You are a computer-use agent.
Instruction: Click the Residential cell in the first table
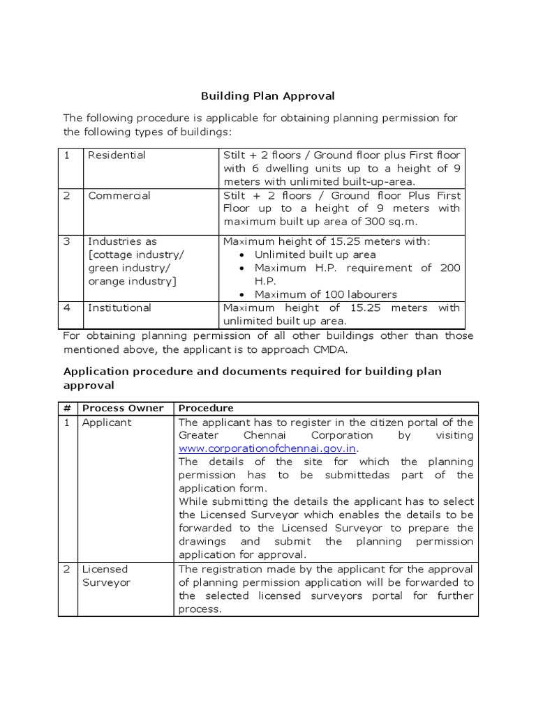tap(117, 155)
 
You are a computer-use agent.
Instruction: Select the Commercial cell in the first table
tap(119, 195)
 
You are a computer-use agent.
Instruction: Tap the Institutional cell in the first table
tap(119, 307)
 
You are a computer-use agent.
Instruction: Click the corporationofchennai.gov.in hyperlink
tap(271, 448)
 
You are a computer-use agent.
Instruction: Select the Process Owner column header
tap(123, 408)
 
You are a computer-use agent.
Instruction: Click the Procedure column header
tap(206, 408)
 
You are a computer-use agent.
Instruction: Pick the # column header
tap(68, 408)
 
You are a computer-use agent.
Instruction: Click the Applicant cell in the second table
tap(106, 423)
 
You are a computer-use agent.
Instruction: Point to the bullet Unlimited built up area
tap(315, 255)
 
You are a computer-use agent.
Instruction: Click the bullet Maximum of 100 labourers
tap(325, 294)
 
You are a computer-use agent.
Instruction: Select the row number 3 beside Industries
tap(68, 241)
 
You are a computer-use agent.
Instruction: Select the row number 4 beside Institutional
tap(68, 307)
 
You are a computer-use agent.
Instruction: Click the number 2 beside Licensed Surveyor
tap(68, 570)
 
